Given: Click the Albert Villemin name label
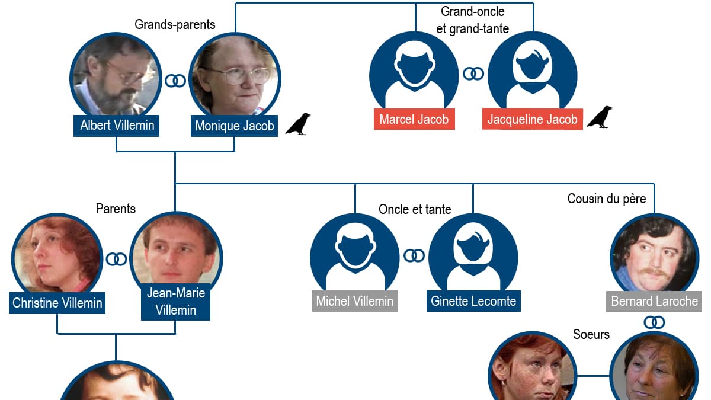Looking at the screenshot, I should pyautogui.click(x=117, y=125).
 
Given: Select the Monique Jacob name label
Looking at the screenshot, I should pyautogui.click(x=235, y=126).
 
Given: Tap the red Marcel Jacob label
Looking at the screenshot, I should pyautogui.click(x=414, y=119).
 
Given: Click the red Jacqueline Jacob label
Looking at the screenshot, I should pyautogui.click(x=532, y=119).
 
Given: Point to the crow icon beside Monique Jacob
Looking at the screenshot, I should pyautogui.click(x=298, y=124).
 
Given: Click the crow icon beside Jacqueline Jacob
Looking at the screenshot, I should pyautogui.click(x=600, y=117).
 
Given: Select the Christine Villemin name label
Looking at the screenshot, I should pyautogui.click(x=57, y=303).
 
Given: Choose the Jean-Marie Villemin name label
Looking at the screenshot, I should pyautogui.click(x=175, y=302).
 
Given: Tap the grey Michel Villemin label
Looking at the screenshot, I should pyautogui.click(x=354, y=301).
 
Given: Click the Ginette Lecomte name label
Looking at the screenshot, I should pyautogui.click(x=473, y=301).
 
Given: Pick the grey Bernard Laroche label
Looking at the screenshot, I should pyautogui.click(x=655, y=301).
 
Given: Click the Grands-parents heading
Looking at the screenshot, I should pyautogui.click(x=175, y=24).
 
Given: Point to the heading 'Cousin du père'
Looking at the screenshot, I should pyautogui.click(x=607, y=199).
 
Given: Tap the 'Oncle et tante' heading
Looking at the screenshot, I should pyautogui.click(x=415, y=209).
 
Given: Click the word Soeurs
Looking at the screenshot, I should pyautogui.click(x=591, y=334).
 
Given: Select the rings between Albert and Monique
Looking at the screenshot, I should pyautogui.click(x=175, y=81).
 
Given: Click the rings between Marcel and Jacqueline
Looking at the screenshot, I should pyautogui.click(x=473, y=73).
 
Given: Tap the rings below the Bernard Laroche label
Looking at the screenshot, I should pyautogui.click(x=655, y=322).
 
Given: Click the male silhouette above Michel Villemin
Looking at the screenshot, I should pyautogui.click(x=354, y=255).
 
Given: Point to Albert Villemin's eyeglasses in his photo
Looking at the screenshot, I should pyautogui.click(x=126, y=73).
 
